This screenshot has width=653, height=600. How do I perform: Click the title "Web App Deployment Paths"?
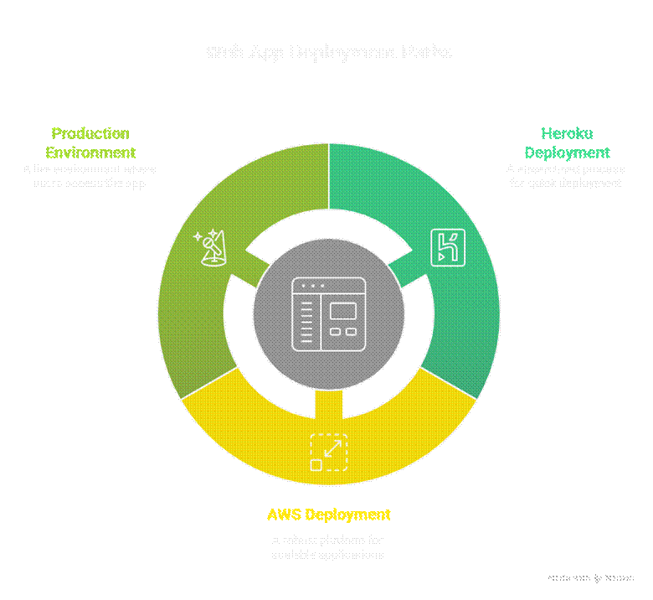point(328,52)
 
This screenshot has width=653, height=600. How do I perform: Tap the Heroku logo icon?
point(447,246)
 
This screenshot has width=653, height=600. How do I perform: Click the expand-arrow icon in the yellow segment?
point(328,452)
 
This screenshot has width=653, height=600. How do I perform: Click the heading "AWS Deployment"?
point(328,514)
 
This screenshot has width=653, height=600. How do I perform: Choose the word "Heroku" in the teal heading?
point(566,133)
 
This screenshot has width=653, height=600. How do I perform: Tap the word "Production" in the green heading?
point(90,133)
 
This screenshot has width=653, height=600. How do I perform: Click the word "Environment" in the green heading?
point(90,153)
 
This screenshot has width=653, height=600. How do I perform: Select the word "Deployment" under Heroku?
point(567,153)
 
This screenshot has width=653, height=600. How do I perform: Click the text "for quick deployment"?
point(565,183)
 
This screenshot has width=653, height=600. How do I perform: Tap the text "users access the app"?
point(90,183)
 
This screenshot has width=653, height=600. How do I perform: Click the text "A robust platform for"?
point(328,540)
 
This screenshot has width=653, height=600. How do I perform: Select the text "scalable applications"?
point(328,554)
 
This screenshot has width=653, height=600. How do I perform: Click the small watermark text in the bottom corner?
point(591,578)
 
